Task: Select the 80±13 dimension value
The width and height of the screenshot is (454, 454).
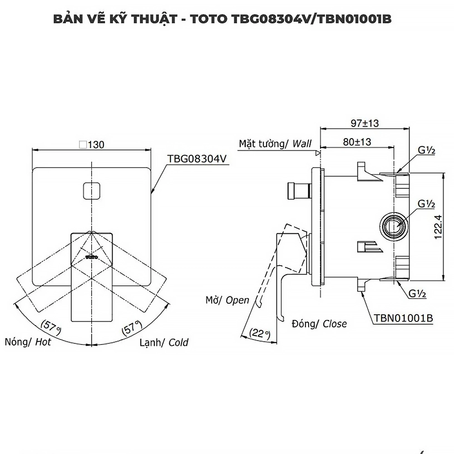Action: [357, 142]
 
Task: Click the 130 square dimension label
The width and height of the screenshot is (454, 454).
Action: [92, 145]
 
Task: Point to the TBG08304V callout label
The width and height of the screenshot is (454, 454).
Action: [197, 159]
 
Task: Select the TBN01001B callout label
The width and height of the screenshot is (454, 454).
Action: [403, 319]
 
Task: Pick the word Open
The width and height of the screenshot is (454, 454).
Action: [237, 300]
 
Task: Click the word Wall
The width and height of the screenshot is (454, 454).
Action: [302, 144]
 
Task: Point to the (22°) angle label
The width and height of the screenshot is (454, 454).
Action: [260, 334]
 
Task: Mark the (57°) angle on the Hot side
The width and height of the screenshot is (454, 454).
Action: [50, 325]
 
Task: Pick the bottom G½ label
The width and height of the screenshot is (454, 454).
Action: [417, 294]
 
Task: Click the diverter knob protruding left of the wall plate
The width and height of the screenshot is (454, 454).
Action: [298, 190]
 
